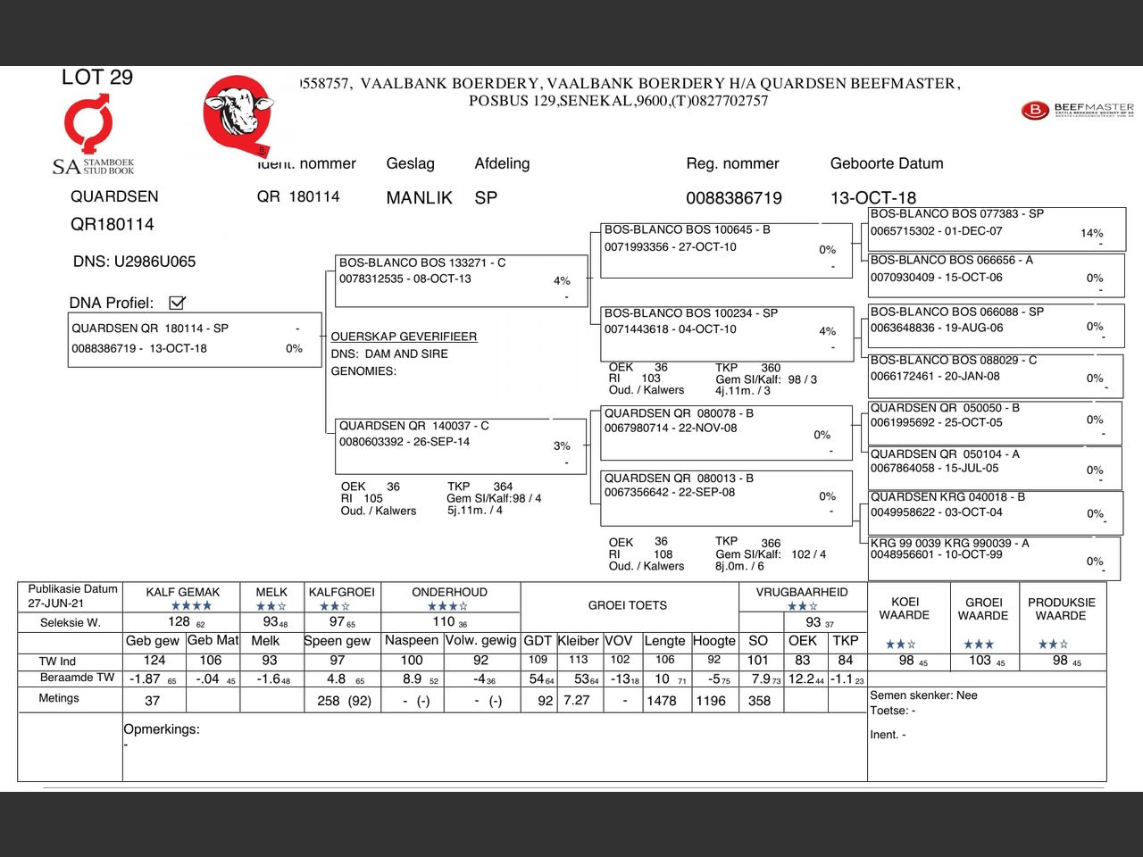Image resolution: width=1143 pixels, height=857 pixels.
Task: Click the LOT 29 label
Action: (97, 78)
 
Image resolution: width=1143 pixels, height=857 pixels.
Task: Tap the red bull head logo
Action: (238, 112)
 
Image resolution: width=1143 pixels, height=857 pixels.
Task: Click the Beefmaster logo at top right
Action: (1077, 111)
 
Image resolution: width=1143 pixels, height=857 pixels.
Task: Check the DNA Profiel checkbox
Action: (177, 303)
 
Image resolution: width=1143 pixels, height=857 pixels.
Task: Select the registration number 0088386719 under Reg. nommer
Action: (734, 198)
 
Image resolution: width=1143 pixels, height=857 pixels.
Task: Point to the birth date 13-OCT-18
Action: (873, 198)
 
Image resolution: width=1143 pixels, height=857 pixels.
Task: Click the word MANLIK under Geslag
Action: (419, 198)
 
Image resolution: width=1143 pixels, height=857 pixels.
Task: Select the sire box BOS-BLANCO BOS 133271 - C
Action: (461, 280)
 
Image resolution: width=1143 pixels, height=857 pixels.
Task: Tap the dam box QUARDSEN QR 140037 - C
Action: (461, 444)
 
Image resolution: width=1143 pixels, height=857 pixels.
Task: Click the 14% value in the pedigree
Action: (1091, 233)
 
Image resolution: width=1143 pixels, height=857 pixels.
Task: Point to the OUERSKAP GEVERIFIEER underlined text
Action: (404, 337)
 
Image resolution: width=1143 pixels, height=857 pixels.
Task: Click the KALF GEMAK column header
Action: (183, 592)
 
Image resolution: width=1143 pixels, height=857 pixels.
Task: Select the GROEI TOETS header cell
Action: (628, 605)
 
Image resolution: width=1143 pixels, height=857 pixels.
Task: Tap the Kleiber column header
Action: (579, 641)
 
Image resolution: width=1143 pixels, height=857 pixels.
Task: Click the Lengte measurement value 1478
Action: (662, 701)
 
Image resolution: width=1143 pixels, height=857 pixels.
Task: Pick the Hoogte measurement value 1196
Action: (711, 701)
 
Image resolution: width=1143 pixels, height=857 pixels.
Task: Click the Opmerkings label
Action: (162, 729)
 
